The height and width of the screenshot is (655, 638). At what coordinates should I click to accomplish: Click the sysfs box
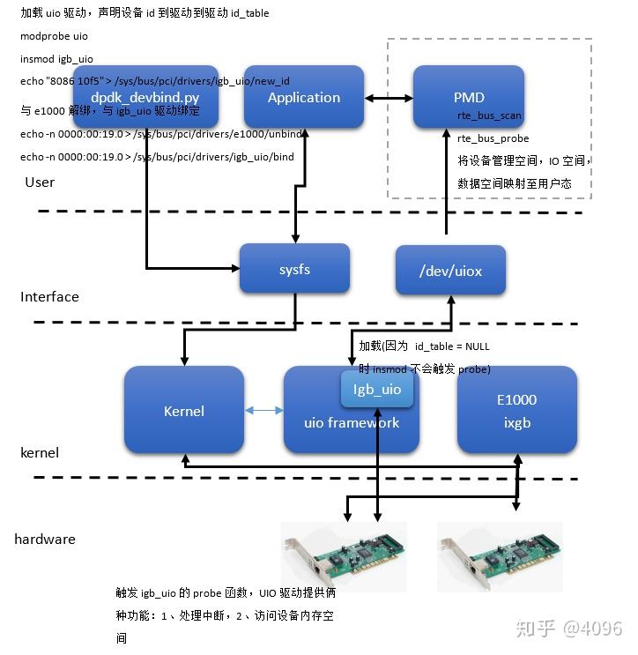pyautogui.click(x=294, y=269)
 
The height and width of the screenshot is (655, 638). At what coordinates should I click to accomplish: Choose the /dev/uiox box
pyautogui.click(x=451, y=271)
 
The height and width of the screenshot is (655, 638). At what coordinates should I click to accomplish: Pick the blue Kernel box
pyautogui.click(x=184, y=411)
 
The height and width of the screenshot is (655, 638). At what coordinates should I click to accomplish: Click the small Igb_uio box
pyautogui.click(x=377, y=390)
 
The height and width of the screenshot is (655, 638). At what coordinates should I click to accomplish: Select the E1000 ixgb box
pyautogui.click(x=517, y=411)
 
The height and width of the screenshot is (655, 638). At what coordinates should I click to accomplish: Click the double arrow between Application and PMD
pyautogui.click(x=389, y=97)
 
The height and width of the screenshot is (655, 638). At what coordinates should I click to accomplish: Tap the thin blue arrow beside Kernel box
pyautogui.click(x=263, y=410)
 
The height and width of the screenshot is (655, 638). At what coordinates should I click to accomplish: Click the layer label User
pyautogui.click(x=40, y=182)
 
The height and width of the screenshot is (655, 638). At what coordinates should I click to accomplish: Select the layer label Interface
pyautogui.click(x=49, y=297)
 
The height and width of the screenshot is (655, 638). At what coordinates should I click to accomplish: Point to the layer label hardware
pyautogui.click(x=45, y=539)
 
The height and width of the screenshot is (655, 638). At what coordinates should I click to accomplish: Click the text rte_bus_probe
pyautogui.click(x=493, y=138)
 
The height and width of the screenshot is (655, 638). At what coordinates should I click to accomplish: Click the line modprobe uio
pyautogui.click(x=54, y=36)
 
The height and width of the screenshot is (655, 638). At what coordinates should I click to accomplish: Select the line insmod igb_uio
pyautogui.click(x=56, y=59)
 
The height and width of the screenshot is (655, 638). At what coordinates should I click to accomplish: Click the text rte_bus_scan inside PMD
pyautogui.click(x=489, y=115)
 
